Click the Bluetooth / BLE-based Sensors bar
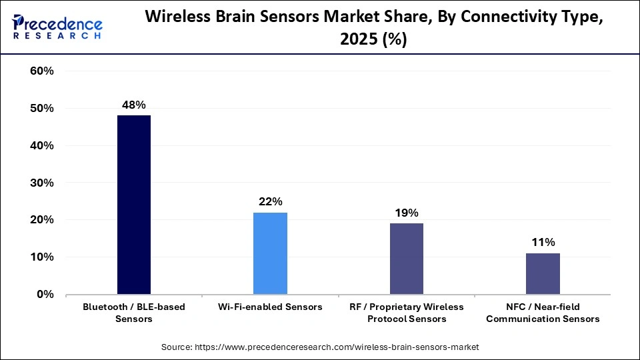click(134, 205)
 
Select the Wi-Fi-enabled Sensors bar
click(270, 253)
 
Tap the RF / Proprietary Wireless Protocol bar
click(406, 259)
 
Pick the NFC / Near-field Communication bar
click(543, 273)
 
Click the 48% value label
click(134, 105)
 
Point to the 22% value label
click(271, 201)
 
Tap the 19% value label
click(407, 213)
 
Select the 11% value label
click(543, 242)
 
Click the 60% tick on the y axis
click(42, 71)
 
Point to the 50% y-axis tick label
click(42, 109)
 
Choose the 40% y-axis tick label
click(42, 146)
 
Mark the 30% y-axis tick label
click(42, 183)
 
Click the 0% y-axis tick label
click(45, 294)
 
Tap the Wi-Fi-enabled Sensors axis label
click(270, 307)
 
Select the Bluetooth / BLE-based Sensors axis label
click(134, 313)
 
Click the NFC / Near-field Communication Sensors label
click(543, 313)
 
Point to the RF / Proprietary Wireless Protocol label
click(407, 313)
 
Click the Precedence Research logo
click(57, 27)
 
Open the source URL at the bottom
click(320, 347)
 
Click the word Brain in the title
click(259, 19)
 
